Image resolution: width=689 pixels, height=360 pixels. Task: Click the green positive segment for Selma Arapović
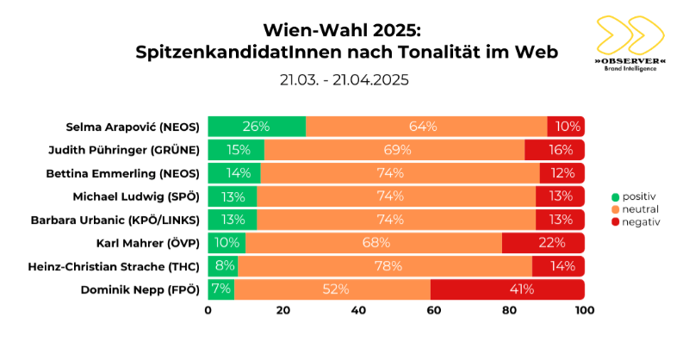click(257, 126)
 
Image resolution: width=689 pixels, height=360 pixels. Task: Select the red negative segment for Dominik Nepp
click(507, 289)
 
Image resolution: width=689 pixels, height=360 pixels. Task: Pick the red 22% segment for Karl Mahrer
click(543, 243)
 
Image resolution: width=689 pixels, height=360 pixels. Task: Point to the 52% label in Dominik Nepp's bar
click(332, 289)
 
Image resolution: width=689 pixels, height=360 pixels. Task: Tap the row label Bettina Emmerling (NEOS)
click(133, 173)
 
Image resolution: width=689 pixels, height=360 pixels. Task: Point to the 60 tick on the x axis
click(434, 309)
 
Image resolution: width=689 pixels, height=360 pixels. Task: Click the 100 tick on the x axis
click(585, 309)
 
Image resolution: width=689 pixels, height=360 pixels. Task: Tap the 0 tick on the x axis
click(208, 309)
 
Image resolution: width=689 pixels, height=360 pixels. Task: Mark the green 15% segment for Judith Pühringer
click(236, 149)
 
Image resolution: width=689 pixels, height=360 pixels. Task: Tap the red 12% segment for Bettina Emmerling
click(562, 173)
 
